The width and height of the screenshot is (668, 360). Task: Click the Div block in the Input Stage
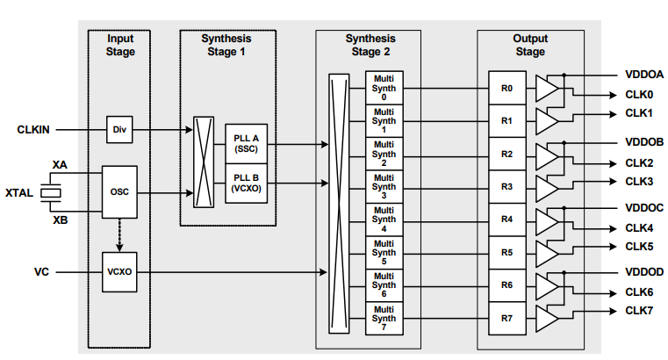119,130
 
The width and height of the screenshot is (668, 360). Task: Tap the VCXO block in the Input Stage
119,272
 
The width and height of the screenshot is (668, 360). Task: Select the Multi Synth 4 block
384,220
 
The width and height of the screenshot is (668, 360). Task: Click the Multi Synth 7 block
384,318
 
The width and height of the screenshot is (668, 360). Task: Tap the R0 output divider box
506,89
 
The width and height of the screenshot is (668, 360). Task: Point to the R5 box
506,253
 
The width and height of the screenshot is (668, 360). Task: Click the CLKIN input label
33,130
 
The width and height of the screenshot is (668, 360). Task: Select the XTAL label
19,192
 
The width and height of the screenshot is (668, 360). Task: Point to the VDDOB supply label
644,141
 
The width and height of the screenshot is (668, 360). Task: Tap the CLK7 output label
639,310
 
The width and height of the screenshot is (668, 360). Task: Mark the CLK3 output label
639,181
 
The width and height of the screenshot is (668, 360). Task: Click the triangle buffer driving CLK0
546,89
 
